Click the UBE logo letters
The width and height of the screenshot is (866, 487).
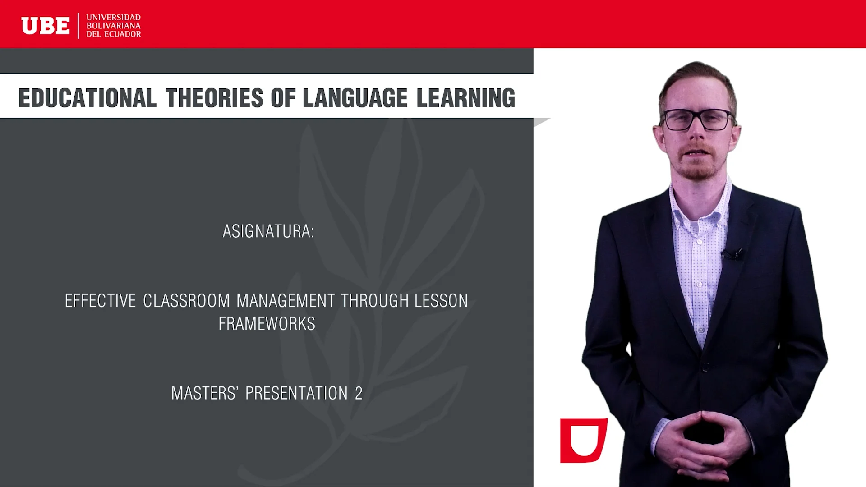click(46, 26)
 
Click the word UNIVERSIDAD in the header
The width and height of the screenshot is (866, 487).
click(113, 18)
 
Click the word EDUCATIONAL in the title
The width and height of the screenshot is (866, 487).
click(88, 98)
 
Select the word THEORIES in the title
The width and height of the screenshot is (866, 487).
click(214, 98)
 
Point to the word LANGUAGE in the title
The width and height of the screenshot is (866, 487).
click(355, 98)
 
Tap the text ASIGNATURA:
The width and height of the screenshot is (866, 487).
click(268, 231)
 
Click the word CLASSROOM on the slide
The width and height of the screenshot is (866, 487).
click(186, 301)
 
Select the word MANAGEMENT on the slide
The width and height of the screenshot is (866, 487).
click(286, 301)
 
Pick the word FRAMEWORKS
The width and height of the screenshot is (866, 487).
click(267, 324)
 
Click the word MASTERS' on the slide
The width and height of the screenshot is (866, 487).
click(204, 393)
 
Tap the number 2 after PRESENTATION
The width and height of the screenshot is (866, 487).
click(359, 393)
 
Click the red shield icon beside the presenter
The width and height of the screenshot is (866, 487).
click(583, 440)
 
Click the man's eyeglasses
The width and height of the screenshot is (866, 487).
click(698, 120)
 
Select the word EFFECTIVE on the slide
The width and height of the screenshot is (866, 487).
click(100, 301)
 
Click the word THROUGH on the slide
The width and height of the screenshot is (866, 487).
click(374, 301)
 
